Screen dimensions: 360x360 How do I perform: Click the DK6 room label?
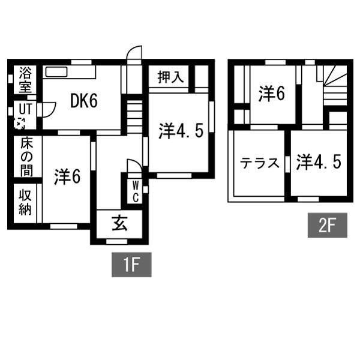click(x=84, y=101)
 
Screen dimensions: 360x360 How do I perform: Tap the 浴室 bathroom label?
click(x=25, y=80)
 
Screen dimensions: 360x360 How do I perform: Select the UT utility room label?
click(x=25, y=109)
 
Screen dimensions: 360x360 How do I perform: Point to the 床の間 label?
click(x=27, y=157)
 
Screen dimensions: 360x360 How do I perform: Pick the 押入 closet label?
click(x=171, y=77)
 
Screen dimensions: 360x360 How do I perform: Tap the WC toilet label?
click(x=136, y=191)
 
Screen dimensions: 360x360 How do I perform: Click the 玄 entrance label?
click(x=119, y=223)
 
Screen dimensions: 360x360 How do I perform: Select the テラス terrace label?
click(x=259, y=163)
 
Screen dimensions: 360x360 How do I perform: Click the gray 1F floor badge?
click(x=131, y=265)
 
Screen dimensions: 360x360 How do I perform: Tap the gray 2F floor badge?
click(x=328, y=225)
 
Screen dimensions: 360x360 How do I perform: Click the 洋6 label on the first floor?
click(x=67, y=176)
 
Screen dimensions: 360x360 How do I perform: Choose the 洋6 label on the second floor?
click(x=272, y=94)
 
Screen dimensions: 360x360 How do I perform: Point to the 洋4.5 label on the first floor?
click(x=181, y=131)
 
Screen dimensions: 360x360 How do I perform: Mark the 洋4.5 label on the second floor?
click(x=319, y=162)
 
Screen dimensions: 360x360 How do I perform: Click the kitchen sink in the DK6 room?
click(x=56, y=72)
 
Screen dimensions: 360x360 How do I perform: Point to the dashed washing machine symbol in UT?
click(x=19, y=123)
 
